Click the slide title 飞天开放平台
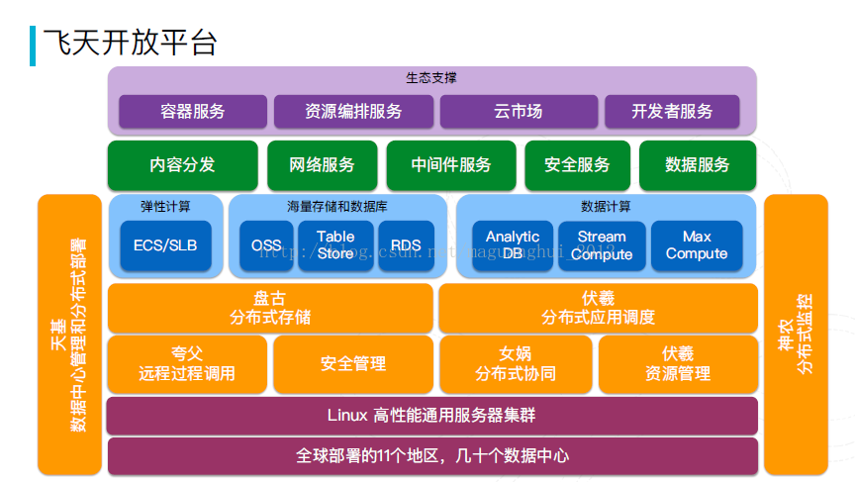click(130, 43)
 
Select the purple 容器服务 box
click(193, 112)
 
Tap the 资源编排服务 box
click(353, 112)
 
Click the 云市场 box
click(519, 112)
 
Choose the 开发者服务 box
click(672, 112)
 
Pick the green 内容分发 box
click(183, 165)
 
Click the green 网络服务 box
click(322, 165)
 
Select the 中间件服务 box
click(451, 165)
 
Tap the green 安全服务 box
click(577, 165)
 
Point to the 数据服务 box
click(698, 165)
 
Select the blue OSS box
click(266, 245)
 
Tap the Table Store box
click(335, 245)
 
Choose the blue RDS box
click(406, 245)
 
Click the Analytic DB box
click(512, 245)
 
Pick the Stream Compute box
click(602, 245)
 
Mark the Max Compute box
click(697, 245)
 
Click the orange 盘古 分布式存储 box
click(270, 308)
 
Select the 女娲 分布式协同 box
click(516, 364)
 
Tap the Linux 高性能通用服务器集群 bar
click(431, 415)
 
